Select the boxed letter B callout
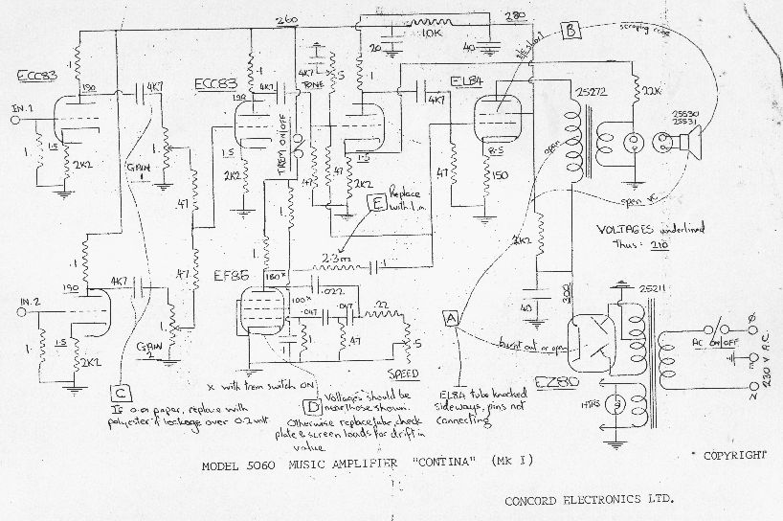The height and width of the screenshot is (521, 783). (570, 30)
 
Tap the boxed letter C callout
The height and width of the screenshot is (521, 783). (121, 392)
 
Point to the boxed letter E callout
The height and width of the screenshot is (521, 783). (377, 202)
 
